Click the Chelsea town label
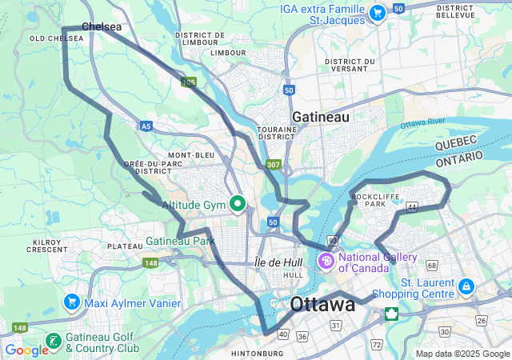(x=102, y=26)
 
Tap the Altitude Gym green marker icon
(x=238, y=205)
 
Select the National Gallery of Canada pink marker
(x=327, y=261)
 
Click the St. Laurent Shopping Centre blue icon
(x=466, y=286)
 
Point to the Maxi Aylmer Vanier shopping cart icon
(x=72, y=302)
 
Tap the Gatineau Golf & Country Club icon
(x=53, y=342)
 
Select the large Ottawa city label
(x=322, y=304)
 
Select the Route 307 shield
(x=274, y=165)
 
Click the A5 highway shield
(x=146, y=126)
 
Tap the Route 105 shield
(x=189, y=82)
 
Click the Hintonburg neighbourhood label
(x=258, y=353)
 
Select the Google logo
(x=26, y=350)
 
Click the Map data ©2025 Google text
(x=462, y=354)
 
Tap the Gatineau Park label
(x=180, y=241)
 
